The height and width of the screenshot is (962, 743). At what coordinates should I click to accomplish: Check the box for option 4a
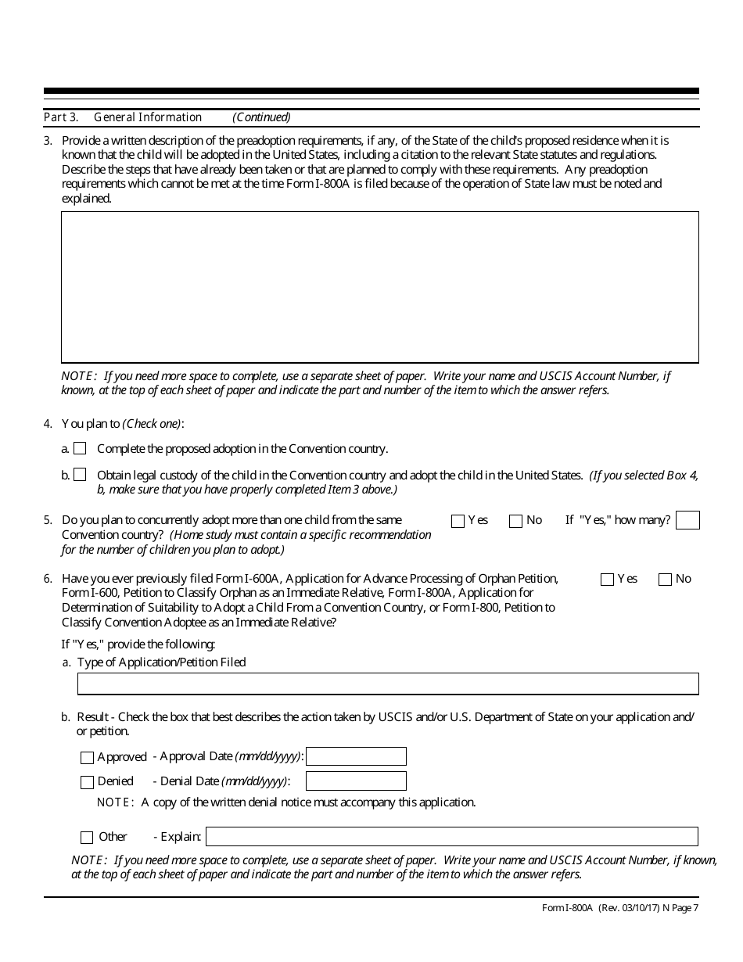[x=80, y=449]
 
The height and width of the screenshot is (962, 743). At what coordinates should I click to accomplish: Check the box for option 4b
[x=80, y=475]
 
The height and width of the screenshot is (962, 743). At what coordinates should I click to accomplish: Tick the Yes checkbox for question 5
[x=458, y=521]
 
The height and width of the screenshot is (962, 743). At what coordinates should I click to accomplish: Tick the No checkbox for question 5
[x=515, y=521]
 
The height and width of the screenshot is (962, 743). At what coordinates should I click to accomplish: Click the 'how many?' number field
[x=687, y=520]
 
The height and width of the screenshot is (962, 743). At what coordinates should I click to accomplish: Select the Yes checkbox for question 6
[x=607, y=580]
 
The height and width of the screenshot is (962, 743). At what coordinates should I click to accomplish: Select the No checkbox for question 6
[x=665, y=580]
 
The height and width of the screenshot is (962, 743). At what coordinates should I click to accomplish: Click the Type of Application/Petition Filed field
[x=387, y=684]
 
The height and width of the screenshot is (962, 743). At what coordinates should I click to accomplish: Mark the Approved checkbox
[x=87, y=757]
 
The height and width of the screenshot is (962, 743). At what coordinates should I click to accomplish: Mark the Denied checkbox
[x=87, y=782]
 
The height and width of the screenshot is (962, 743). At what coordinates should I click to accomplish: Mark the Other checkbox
[x=87, y=838]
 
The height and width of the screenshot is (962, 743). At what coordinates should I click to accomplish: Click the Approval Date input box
[x=356, y=756]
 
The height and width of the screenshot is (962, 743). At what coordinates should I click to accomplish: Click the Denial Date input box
[x=356, y=781]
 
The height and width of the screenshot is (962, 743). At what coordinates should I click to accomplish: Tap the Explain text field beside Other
[x=451, y=837]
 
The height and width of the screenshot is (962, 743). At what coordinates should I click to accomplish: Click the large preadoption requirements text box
[x=380, y=287]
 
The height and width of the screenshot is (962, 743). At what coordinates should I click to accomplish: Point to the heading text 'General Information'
[x=148, y=117]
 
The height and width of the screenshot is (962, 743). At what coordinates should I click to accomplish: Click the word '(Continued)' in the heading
[x=261, y=117]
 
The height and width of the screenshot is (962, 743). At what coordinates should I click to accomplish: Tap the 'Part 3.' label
[x=61, y=117]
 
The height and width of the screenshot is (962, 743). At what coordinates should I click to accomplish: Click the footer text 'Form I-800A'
[x=567, y=908]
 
